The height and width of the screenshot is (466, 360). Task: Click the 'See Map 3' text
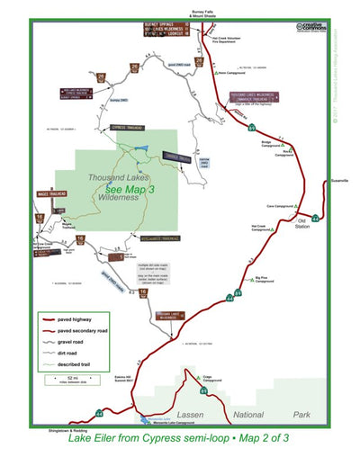click(x=130, y=190)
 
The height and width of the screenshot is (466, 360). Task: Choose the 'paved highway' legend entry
click(x=77, y=318)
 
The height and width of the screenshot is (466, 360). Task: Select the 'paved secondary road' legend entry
click(x=85, y=331)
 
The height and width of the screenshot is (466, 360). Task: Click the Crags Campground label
click(x=212, y=379)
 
